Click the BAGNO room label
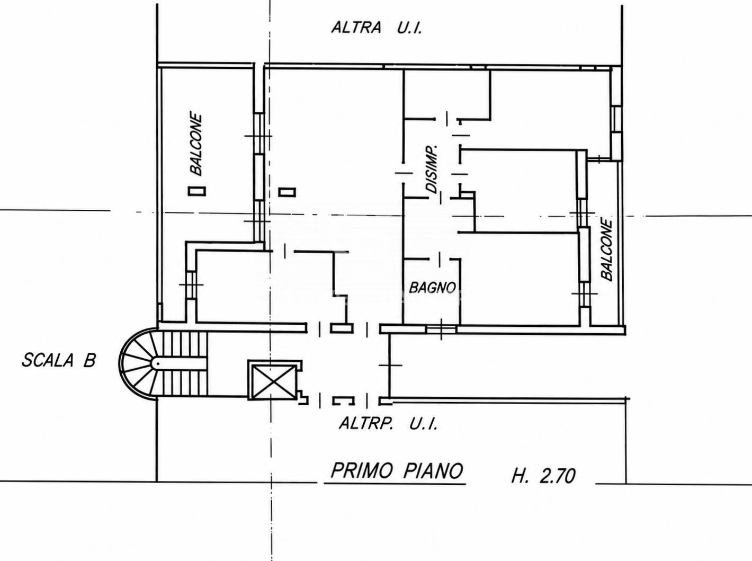coord(432,288)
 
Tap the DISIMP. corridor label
coord(433,170)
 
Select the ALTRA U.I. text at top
coord(376,28)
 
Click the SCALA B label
coord(59,361)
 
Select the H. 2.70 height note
coord(543,476)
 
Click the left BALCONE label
coord(196,145)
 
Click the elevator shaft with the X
coord(274,380)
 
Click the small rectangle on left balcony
coord(197,191)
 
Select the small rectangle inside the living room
coord(287,192)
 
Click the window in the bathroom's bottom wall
coord(441,329)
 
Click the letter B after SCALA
coord(89,361)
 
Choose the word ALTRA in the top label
coord(356,28)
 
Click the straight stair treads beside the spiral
coord(184,363)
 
